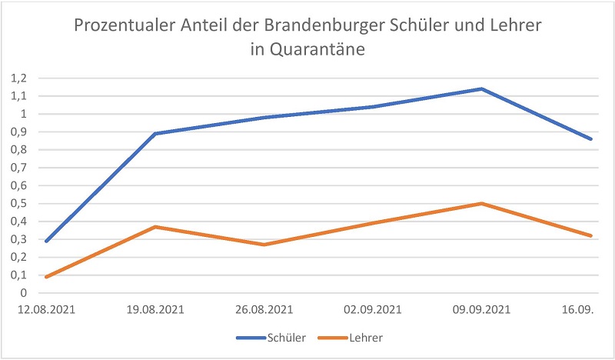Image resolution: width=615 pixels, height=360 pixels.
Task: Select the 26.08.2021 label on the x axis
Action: point(264,310)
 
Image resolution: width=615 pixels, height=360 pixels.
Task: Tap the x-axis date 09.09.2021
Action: point(481,310)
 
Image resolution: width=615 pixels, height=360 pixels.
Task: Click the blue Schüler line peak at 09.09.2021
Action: point(481,88)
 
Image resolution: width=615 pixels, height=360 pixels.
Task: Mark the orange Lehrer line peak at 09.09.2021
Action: point(481,203)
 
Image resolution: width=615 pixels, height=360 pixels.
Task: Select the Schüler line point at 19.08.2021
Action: point(156,133)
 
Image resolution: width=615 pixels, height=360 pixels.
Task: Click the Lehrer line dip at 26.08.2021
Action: point(264,245)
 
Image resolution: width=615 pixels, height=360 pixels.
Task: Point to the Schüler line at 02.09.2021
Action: point(373,106)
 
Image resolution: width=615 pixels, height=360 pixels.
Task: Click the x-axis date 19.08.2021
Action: point(156,310)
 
